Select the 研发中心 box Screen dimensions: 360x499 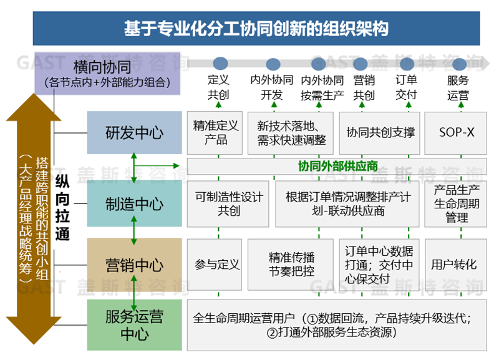(134, 132)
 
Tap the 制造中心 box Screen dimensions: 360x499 (134, 203)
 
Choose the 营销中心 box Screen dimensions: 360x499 (134, 264)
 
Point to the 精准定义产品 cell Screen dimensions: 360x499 (216, 132)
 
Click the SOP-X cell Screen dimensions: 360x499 (457, 132)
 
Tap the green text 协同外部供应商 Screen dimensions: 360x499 (338, 167)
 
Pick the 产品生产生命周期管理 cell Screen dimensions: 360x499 (457, 203)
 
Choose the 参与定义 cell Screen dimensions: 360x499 (216, 264)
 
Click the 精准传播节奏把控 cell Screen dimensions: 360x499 (291, 264)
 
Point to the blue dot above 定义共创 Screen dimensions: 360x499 (220, 63)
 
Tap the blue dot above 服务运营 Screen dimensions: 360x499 (459, 64)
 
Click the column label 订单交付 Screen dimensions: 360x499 (406, 87)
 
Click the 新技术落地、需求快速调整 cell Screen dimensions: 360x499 (291, 132)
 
